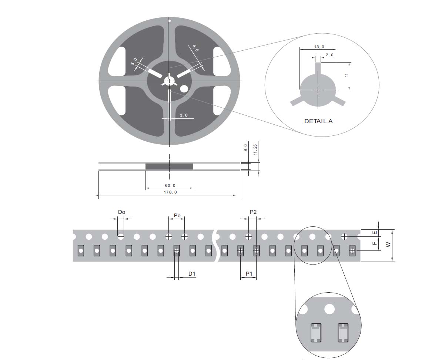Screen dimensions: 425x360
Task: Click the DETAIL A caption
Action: tap(318, 121)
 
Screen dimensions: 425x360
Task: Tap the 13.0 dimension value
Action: tap(319, 47)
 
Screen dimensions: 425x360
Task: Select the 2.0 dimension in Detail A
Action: tap(329, 55)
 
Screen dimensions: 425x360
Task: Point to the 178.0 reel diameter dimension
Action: tap(170, 192)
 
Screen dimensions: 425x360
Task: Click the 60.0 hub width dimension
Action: tap(170, 186)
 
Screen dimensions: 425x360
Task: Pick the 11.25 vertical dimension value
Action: tap(255, 149)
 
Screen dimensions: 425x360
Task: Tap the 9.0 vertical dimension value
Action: tap(245, 148)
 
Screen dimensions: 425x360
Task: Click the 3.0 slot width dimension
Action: tap(184, 115)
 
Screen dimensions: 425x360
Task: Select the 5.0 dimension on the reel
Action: tap(134, 61)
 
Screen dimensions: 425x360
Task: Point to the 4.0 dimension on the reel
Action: tap(195, 48)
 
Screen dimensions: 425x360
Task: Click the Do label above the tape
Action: tap(121, 212)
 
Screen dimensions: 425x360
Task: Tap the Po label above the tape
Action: tap(177, 215)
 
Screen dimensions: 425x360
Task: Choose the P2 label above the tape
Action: tap(253, 212)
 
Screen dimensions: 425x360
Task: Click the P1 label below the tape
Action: tap(249, 274)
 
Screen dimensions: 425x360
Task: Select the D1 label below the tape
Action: tap(192, 274)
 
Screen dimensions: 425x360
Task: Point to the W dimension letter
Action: tap(388, 245)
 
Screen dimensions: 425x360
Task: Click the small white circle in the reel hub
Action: tap(184, 88)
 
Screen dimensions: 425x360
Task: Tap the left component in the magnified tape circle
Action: tap(316, 333)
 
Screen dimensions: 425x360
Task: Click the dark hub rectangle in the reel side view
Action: tap(170, 166)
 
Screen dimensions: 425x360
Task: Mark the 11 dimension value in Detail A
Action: tap(346, 75)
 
